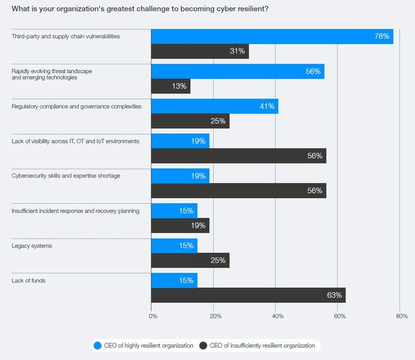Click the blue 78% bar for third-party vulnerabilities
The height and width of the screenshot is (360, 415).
(272, 37)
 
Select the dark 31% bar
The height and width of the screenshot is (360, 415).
(200, 51)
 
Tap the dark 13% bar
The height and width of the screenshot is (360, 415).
(171, 86)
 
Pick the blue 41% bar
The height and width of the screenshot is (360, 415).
(214, 106)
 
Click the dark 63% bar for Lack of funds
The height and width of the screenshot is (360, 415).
(248, 295)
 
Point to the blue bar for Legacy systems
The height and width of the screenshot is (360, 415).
(174, 246)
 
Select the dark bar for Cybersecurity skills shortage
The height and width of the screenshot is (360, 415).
(239, 191)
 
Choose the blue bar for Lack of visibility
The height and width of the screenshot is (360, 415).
(180, 141)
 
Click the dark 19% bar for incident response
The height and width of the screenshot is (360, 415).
(180, 226)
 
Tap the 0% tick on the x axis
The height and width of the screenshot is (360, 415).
(153, 316)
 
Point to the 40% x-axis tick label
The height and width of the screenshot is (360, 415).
(277, 316)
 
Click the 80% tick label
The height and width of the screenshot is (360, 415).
(402, 316)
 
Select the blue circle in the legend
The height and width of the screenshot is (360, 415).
(98, 346)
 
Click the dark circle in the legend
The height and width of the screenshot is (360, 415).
(203, 346)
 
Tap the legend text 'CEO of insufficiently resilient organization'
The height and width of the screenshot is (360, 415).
(262, 346)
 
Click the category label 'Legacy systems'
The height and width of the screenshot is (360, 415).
(32, 246)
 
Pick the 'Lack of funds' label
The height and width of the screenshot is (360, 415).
(29, 280)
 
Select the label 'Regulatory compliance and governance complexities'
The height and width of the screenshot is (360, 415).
(76, 107)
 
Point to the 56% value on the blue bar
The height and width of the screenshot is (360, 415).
(313, 71)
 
